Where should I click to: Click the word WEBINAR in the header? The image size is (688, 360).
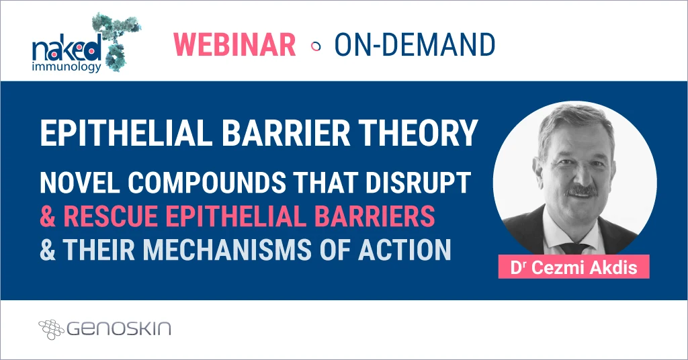click(x=234, y=44)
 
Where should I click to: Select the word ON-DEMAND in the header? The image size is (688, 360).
click(x=415, y=44)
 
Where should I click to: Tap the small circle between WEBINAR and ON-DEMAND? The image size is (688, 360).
click(x=315, y=46)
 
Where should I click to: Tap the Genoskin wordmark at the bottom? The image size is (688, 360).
click(x=119, y=329)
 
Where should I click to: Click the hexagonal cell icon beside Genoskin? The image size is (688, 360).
click(x=50, y=329)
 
